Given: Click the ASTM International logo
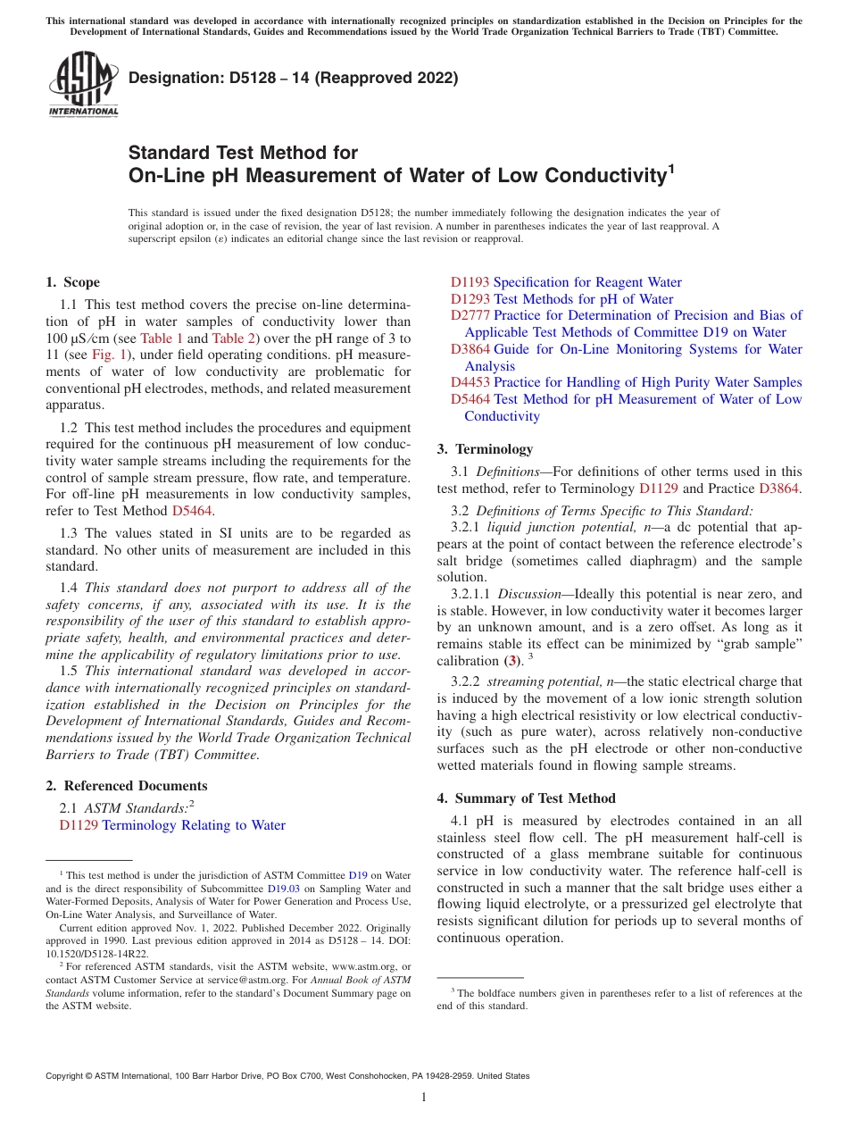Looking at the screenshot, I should coord(83,85).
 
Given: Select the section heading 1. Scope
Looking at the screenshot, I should coord(72,282).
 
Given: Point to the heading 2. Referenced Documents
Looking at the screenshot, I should coord(127,786).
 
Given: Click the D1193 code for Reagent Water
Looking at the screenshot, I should coord(470,282).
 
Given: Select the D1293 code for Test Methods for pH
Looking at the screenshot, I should coord(470,299).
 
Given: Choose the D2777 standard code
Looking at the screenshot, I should coord(470,315).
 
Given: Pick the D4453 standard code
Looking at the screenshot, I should coord(470,382).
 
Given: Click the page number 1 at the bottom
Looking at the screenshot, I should coord(424,1097).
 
